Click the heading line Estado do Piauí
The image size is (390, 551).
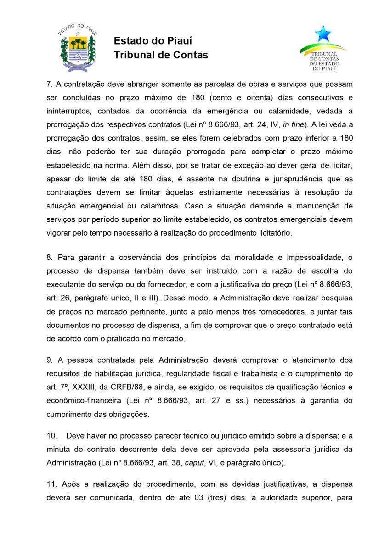153,41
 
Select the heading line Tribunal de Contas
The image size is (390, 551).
161,55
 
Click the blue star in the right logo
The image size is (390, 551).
322,34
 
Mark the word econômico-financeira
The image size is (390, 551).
77,400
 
